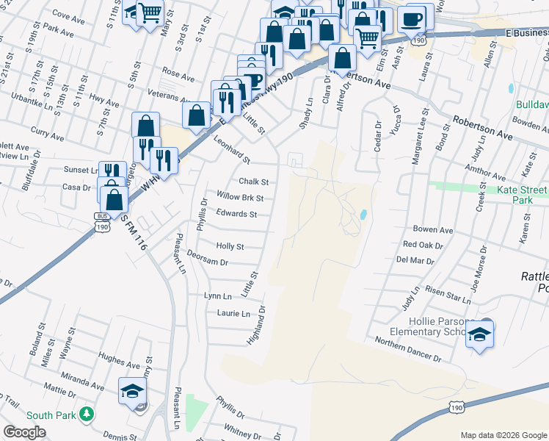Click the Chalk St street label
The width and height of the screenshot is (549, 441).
(253, 182)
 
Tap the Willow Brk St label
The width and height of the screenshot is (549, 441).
(240, 197)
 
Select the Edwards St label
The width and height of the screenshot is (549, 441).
(236, 214)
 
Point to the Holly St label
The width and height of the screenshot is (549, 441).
(230, 246)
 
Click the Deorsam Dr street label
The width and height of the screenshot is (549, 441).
(208, 262)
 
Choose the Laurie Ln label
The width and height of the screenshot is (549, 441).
(233, 314)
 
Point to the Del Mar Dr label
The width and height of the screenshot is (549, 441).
(416, 259)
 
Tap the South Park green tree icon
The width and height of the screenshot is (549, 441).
(87, 415)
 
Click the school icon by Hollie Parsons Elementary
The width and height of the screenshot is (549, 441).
(479, 334)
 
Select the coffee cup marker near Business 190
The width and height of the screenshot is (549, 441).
(413, 17)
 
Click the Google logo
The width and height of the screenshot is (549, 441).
(24, 432)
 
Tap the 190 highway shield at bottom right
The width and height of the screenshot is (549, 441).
(457, 406)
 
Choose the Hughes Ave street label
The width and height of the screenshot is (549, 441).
(119, 364)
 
